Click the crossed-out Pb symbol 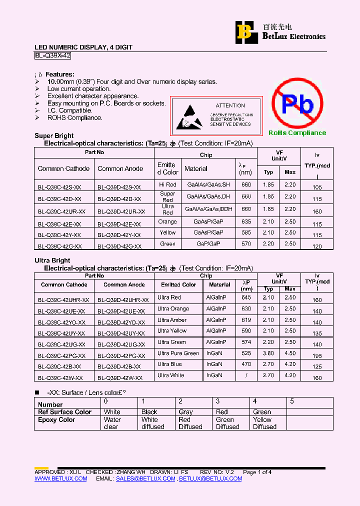coord(297,104)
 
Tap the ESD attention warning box coord(216,116)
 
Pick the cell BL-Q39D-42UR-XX coord(121,211)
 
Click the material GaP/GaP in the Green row coord(208,244)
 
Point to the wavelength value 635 coord(246,221)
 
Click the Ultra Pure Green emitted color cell coord(178,353)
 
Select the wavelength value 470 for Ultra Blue coord(246,365)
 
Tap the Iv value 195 coord(317,355)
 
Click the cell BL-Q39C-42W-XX coord(60,378)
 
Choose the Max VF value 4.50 coord(290,353)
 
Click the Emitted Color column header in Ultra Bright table coord(178,284)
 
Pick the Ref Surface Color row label coord(65,412)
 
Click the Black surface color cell coord(149,412)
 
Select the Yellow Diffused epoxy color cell coord(264,423)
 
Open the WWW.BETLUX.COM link coord(60,478)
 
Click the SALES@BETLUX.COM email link coord(145,478)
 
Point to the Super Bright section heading coord(54,135)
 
